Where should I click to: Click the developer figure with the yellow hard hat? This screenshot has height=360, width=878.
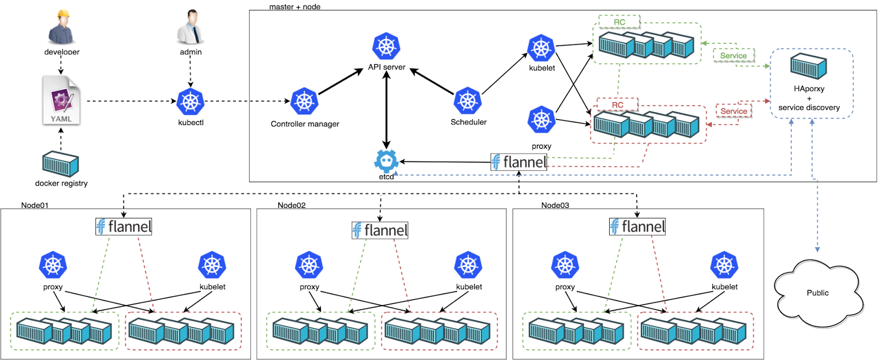click(x=61, y=27)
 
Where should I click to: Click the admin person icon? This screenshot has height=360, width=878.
click(x=190, y=27)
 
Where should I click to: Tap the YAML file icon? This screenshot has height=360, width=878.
click(x=61, y=100)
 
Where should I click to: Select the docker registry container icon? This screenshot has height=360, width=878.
click(x=61, y=164)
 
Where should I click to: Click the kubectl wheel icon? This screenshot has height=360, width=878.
click(x=190, y=102)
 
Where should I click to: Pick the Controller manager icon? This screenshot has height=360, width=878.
click(x=305, y=102)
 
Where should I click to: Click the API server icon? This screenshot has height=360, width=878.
click(x=386, y=46)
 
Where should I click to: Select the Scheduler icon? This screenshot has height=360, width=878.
click(x=468, y=101)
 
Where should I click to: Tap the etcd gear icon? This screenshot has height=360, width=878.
click(x=386, y=161)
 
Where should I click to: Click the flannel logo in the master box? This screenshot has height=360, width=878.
click(x=519, y=162)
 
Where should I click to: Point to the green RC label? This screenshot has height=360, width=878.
click(x=619, y=22)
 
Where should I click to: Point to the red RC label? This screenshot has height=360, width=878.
click(x=617, y=105)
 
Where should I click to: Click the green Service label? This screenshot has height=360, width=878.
click(x=733, y=55)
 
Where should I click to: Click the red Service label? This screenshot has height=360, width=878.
click(x=733, y=111)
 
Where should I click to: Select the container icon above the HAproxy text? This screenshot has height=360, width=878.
click(x=808, y=66)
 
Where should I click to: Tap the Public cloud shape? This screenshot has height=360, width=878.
click(x=818, y=292)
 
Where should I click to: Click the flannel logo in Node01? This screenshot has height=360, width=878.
click(x=123, y=227)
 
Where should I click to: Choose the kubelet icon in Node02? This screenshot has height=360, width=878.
click(x=468, y=266)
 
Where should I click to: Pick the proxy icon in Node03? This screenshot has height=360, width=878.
click(x=565, y=266)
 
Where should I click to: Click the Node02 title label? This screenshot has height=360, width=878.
click(x=291, y=205)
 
